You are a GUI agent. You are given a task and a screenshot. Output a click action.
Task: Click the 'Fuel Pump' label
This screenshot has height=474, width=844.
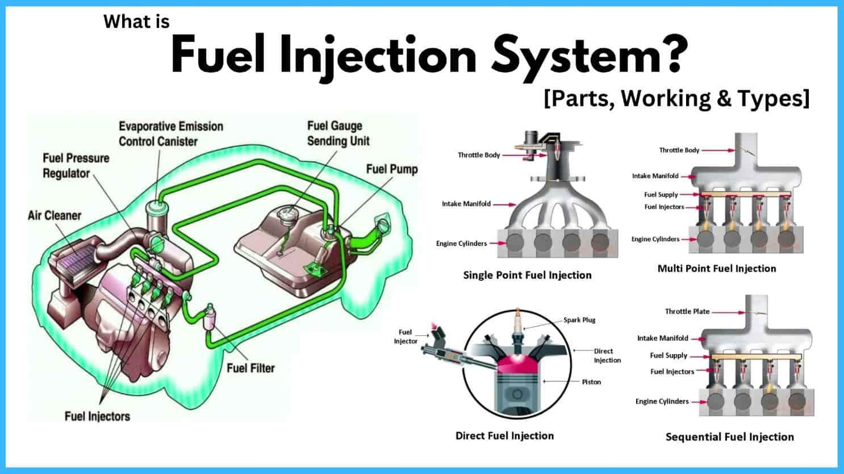click(x=392, y=169)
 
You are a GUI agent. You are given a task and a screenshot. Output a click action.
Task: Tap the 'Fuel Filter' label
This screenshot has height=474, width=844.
click(x=250, y=368)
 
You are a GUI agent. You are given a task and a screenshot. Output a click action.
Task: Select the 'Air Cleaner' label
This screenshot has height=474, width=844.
click(x=55, y=215)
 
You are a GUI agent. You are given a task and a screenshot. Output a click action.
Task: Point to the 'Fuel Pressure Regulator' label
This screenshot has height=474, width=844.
click(x=76, y=166)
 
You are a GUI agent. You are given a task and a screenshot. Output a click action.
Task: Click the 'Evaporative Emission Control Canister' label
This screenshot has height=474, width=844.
click(x=171, y=133)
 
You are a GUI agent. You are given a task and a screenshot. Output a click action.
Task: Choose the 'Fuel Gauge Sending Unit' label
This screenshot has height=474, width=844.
click(x=339, y=133)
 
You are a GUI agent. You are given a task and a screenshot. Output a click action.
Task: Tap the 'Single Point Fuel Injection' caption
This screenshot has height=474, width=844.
click(x=527, y=275)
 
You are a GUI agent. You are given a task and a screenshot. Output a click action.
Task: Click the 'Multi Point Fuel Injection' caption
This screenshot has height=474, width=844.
click(x=717, y=269)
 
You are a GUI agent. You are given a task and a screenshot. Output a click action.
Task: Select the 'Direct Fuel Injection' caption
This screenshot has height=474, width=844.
click(x=504, y=435)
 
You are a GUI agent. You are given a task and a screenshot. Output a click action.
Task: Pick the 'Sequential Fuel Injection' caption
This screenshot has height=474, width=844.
click(x=729, y=437)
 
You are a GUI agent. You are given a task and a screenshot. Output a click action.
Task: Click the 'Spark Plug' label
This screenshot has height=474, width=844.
click(x=579, y=320)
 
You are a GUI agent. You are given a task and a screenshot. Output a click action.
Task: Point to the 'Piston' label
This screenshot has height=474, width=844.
click(x=591, y=382)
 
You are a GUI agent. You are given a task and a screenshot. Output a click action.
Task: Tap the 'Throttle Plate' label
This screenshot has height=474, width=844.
click(x=687, y=311)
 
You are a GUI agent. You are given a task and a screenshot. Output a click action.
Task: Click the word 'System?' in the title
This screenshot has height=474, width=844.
click(x=590, y=55)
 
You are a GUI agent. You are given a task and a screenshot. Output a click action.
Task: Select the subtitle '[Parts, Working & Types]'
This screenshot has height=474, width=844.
click(x=676, y=99)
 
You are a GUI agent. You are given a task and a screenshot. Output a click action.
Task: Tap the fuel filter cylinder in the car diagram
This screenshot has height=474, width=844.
click(x=209, y=317)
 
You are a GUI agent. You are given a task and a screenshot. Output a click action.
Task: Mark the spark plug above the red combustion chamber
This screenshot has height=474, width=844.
click(x=518, y=327)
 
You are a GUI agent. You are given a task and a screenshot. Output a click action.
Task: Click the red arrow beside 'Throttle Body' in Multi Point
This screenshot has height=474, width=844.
click(x=718, y=150)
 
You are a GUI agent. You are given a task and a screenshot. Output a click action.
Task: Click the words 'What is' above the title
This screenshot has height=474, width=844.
click(x=136, y=22)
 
